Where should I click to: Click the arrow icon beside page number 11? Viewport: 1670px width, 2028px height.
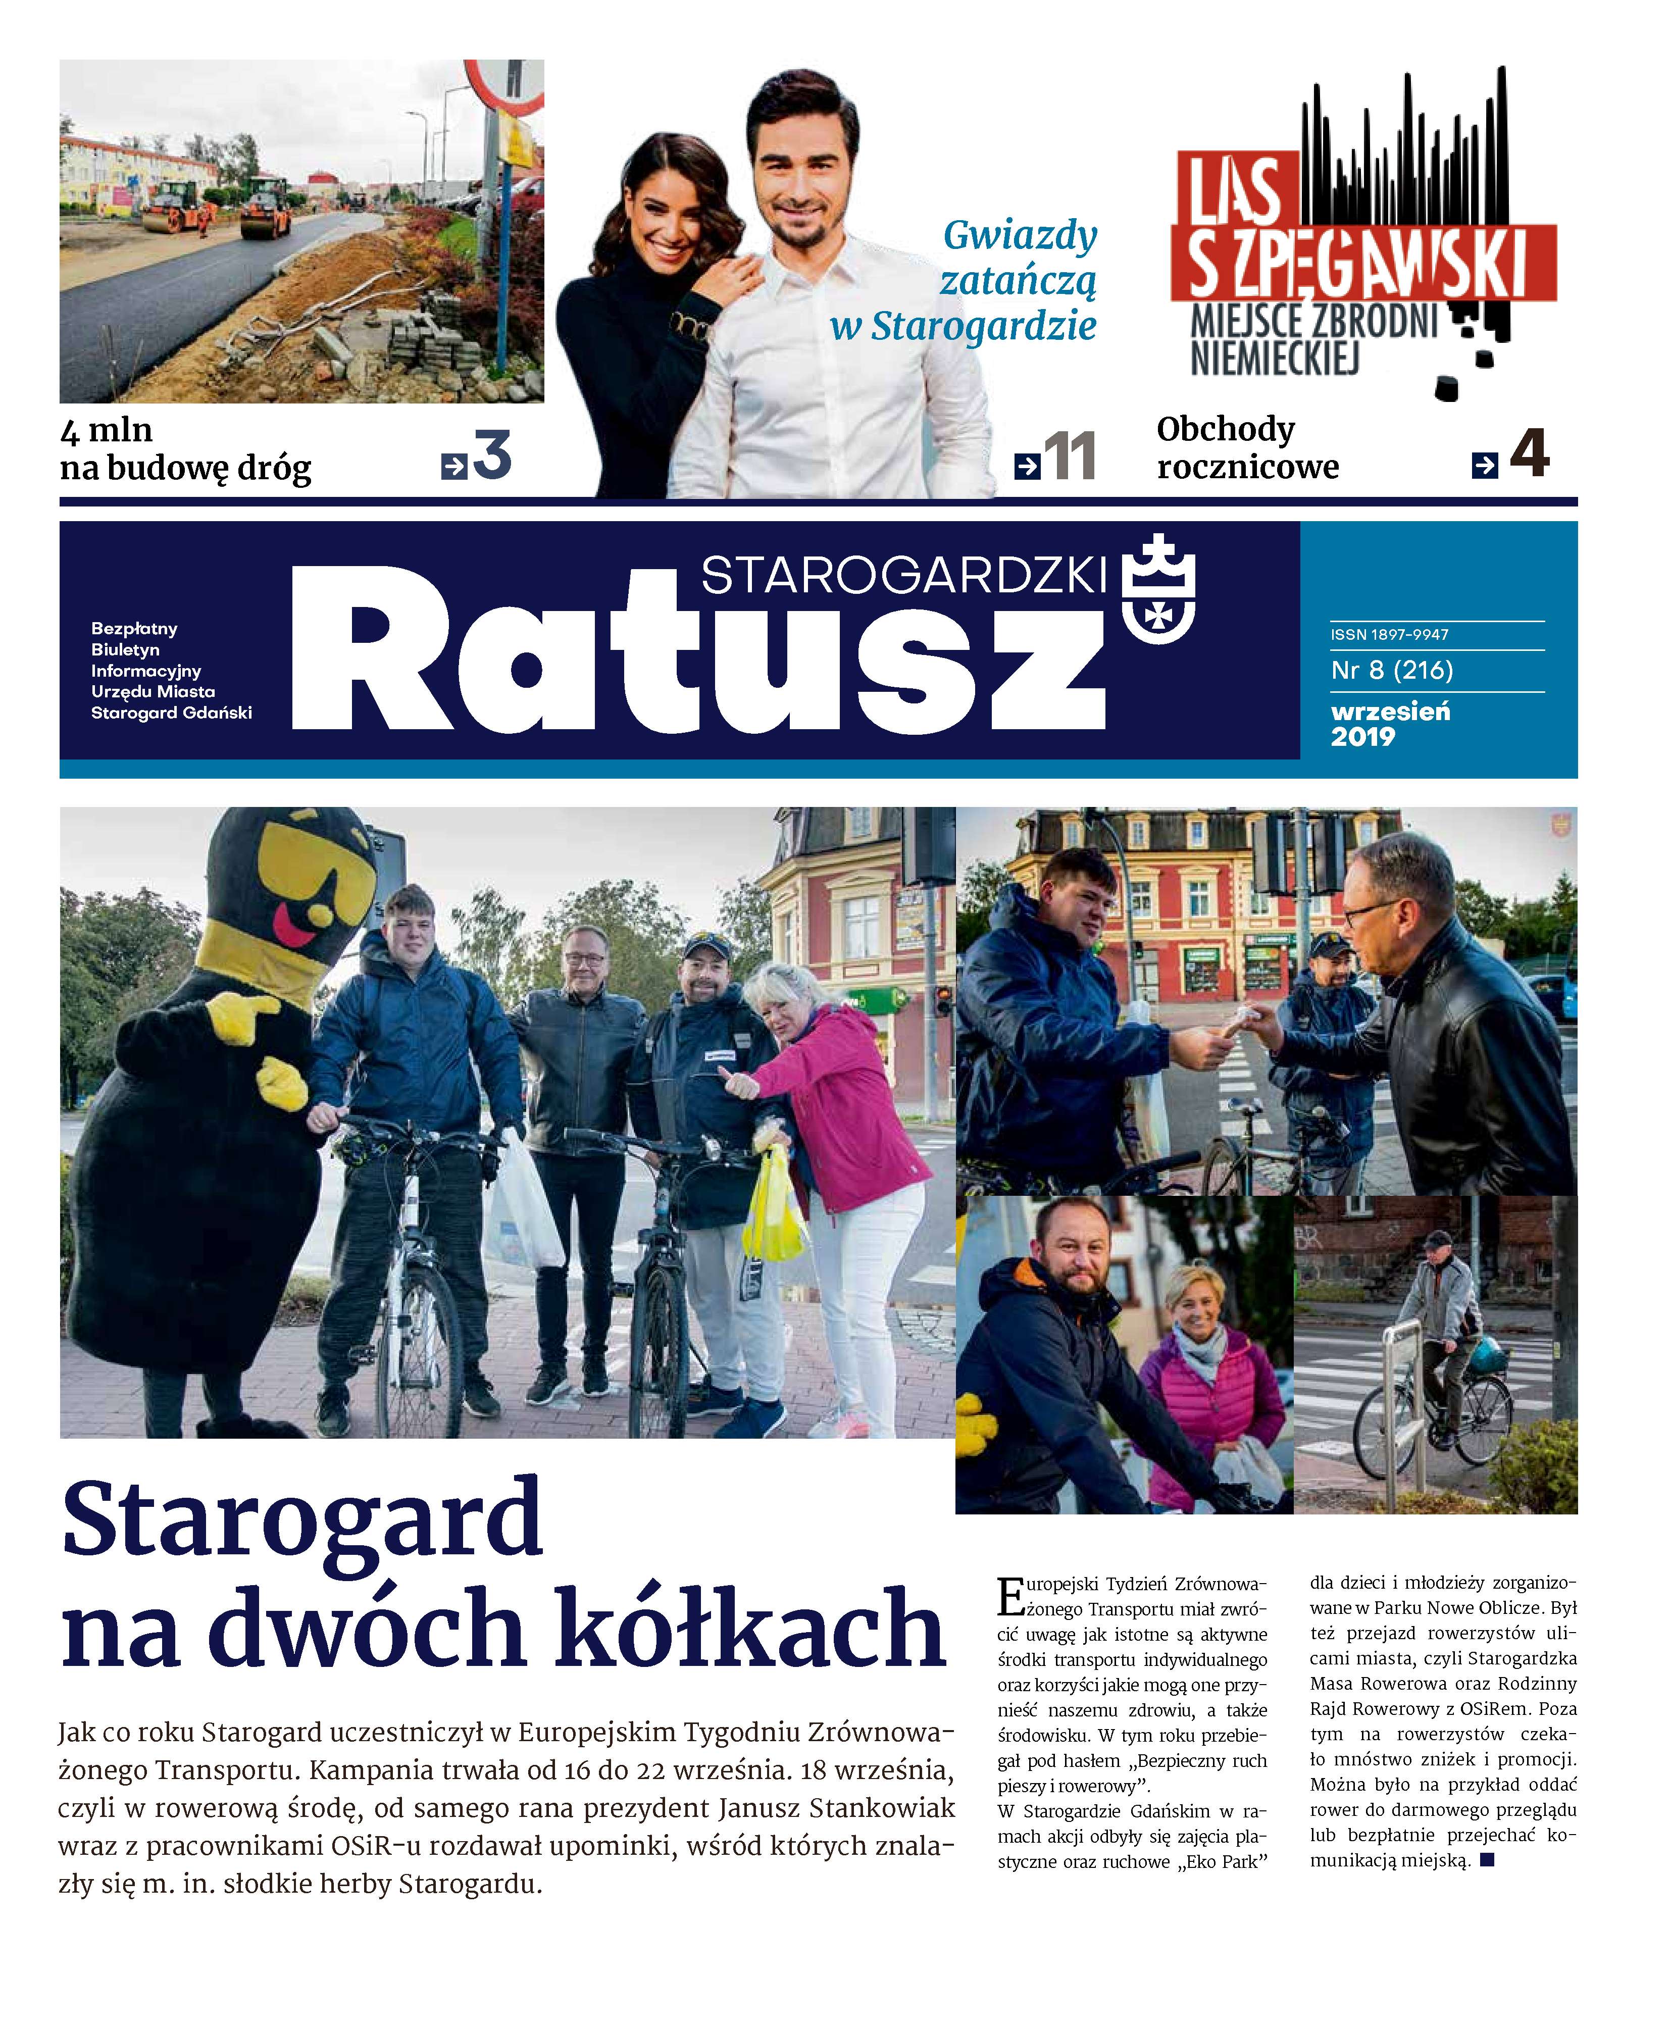1027,467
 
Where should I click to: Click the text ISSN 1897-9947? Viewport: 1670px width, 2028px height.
1389,635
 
